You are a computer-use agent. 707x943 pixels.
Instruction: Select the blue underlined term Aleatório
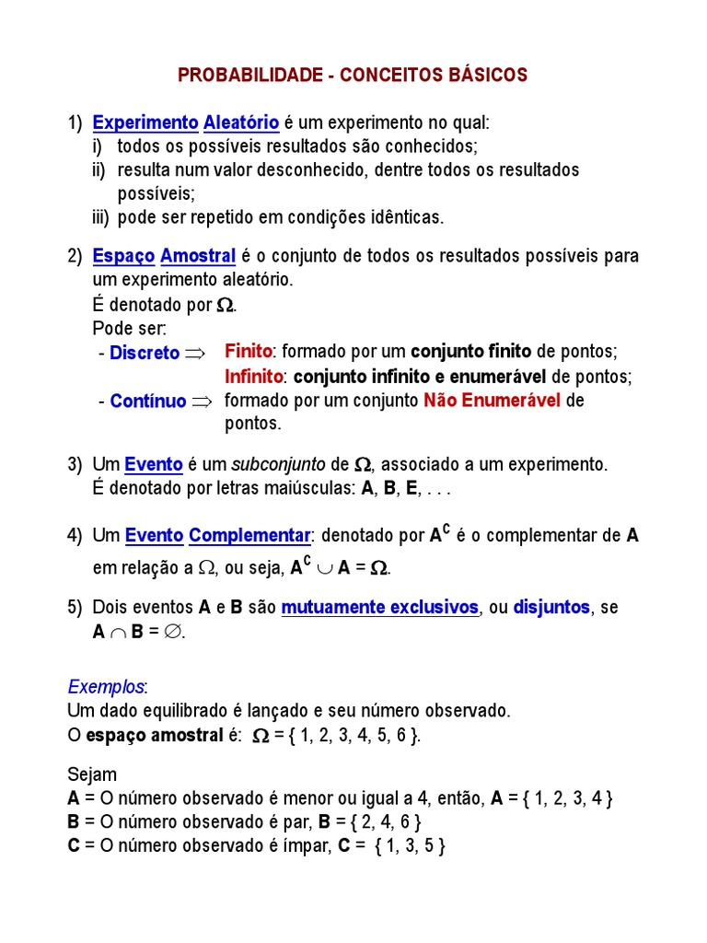(241, 122)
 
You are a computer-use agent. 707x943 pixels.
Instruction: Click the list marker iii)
(101, 218)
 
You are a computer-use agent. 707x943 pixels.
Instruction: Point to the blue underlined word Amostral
(199, 255)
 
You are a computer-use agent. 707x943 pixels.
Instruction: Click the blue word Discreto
(145, 353)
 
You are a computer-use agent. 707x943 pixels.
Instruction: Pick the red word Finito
(249, 352)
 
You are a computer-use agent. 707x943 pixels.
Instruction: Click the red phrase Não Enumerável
(492, 401)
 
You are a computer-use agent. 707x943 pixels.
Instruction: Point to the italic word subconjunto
(277, 465)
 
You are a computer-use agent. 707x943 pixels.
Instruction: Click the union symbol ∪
(323, 569)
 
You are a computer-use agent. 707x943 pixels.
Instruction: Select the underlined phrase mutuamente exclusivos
(380, 608)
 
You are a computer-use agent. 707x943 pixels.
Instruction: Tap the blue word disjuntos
(551, 608)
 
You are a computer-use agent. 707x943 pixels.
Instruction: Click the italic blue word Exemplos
(106, 687)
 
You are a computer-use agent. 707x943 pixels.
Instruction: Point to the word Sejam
(93, 775)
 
